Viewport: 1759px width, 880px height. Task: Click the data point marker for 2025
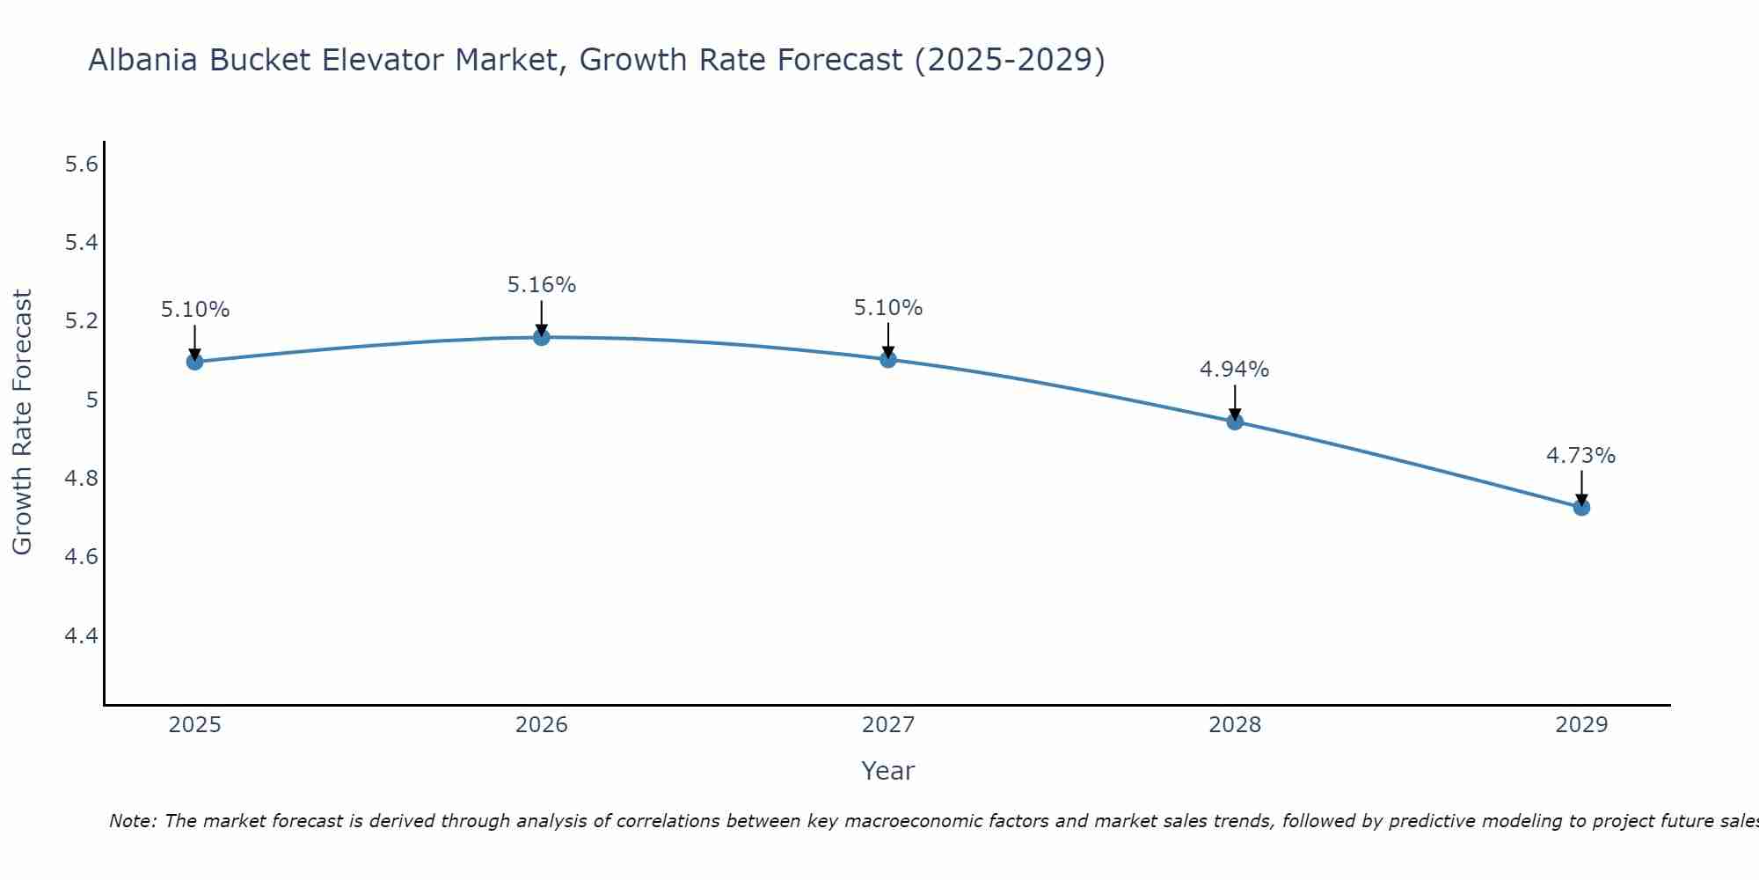tap(194, 362)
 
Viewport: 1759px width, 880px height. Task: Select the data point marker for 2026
tap(542, 337)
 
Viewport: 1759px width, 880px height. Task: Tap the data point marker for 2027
tap(888, 359)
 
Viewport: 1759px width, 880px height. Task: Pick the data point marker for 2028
tap(1235, 422)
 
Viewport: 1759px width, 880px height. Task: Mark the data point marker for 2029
tap(1581, 507)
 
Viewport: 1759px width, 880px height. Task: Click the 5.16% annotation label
tap(542, 285)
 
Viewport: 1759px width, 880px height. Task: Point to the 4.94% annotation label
tap(1235, 370)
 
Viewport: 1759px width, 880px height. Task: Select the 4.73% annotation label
tap(1581, 456)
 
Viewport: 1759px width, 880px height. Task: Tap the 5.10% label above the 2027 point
tap(888, 308)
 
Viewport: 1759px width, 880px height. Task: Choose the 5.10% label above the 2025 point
tap(194, 310)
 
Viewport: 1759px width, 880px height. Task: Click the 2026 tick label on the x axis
tap(542, 725)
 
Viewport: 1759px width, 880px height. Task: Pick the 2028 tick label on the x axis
tap(1235, 725)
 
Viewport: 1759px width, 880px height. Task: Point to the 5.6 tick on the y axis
tap(81, 165)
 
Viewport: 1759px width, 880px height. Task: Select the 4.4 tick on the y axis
tap(81, 635)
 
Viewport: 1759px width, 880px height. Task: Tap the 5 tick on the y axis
tap(91, 400)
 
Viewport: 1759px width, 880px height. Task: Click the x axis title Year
tap(888, 771)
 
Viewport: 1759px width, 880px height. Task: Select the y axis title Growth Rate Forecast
tap(22, 422)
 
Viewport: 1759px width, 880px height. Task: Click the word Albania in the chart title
tap(142, 61)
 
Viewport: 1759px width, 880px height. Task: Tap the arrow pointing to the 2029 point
tap(1581, 488)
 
